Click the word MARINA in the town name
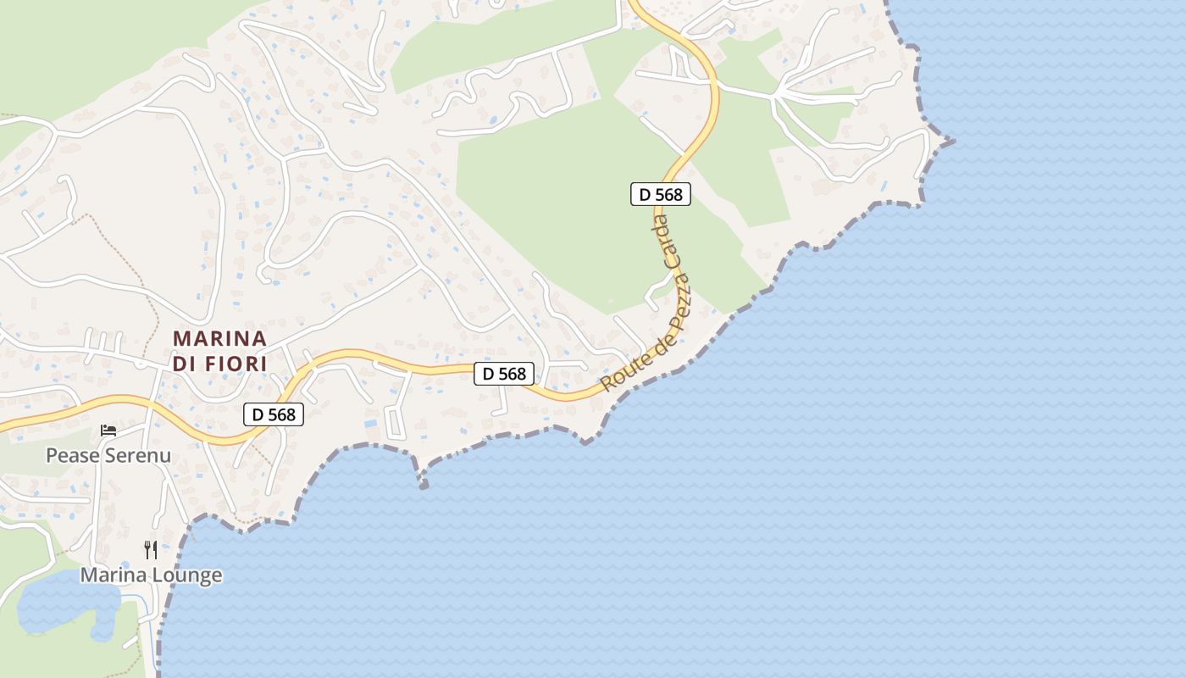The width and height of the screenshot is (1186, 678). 220,338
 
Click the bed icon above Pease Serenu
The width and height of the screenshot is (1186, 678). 108,431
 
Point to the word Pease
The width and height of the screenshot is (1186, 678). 73,455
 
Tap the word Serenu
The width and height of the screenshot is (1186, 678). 138,455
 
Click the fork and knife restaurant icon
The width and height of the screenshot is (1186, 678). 151,550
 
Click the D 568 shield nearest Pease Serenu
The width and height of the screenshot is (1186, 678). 274,414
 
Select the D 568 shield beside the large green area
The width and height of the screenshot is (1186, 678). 661,194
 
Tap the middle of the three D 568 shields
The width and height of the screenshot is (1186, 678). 504,373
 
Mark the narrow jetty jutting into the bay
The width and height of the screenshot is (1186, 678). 421,476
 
